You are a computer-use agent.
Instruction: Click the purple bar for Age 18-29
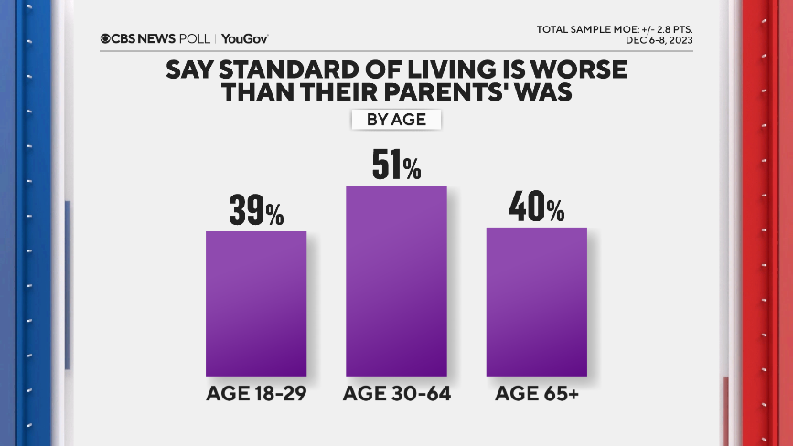(x=255, y=303)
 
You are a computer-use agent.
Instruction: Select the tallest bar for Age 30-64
(x=396, y=281)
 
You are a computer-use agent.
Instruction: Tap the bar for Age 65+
(x=536, y=302)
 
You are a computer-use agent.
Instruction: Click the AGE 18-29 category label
(x=255, y=395)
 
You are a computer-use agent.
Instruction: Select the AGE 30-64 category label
(x=396, y=395)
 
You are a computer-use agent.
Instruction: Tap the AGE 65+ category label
(x=536, y=395)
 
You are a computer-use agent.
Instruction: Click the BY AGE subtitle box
(x=396, y=120)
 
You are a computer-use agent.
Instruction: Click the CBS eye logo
(x=107, y=38)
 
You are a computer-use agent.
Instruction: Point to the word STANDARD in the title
(x=277, y=70)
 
